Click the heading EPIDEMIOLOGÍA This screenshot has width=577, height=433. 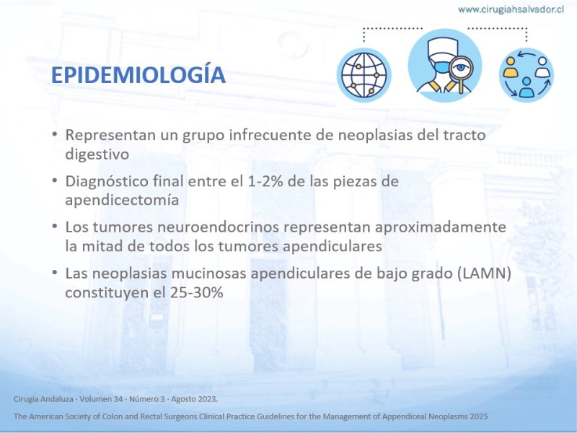(138, 75)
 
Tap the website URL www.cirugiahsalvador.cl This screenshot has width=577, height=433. (511, 9)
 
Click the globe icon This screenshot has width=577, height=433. (364, 75)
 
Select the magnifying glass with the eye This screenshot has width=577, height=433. (459, 71)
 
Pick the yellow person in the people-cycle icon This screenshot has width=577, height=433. (511, 67)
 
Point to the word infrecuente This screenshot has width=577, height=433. (270, 135)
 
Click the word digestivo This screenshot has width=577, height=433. (97, 154)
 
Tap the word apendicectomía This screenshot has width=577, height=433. (122, 201)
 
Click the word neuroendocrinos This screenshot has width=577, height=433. (219, 227)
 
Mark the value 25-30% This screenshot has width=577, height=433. (196, 293)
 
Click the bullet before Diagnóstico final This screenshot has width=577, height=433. (55, 180)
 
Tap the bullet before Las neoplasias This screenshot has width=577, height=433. (55, 273)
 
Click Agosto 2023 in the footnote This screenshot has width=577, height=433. (194, 399)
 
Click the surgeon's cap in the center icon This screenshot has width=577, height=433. (443, 48)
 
